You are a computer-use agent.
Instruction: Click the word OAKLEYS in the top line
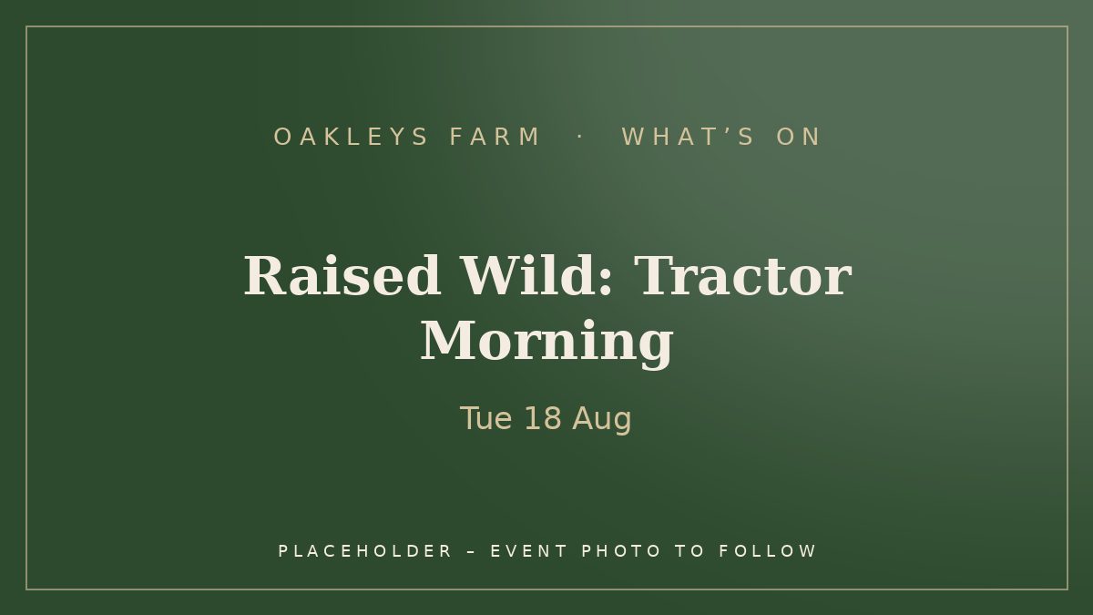tap(351, 137)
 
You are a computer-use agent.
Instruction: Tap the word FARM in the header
tap(494, 137)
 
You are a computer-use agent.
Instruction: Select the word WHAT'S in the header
tap(688, 137)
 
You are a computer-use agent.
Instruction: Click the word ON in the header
tap(798, 137)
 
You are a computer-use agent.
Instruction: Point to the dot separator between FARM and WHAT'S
tap(579, 138)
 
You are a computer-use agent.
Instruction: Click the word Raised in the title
tap(342, 275)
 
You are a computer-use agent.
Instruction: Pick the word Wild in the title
tap(529, 275)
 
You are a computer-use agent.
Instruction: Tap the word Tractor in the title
tap(742, 276)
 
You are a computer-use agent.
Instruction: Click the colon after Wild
tap(605, 282)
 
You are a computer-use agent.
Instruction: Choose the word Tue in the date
tap(486, 418)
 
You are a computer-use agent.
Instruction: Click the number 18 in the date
tap(543, 418)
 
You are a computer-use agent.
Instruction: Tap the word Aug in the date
tap(602, 420)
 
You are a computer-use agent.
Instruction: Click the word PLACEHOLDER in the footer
tap(364, 551)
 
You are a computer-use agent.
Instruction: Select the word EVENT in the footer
tap(528, 551)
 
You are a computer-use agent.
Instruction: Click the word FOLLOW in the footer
tap(767, 551)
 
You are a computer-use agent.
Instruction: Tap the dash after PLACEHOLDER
tap(471, 552)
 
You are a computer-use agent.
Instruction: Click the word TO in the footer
tap(690, 551)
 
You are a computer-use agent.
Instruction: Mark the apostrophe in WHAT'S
tap(727, 131)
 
